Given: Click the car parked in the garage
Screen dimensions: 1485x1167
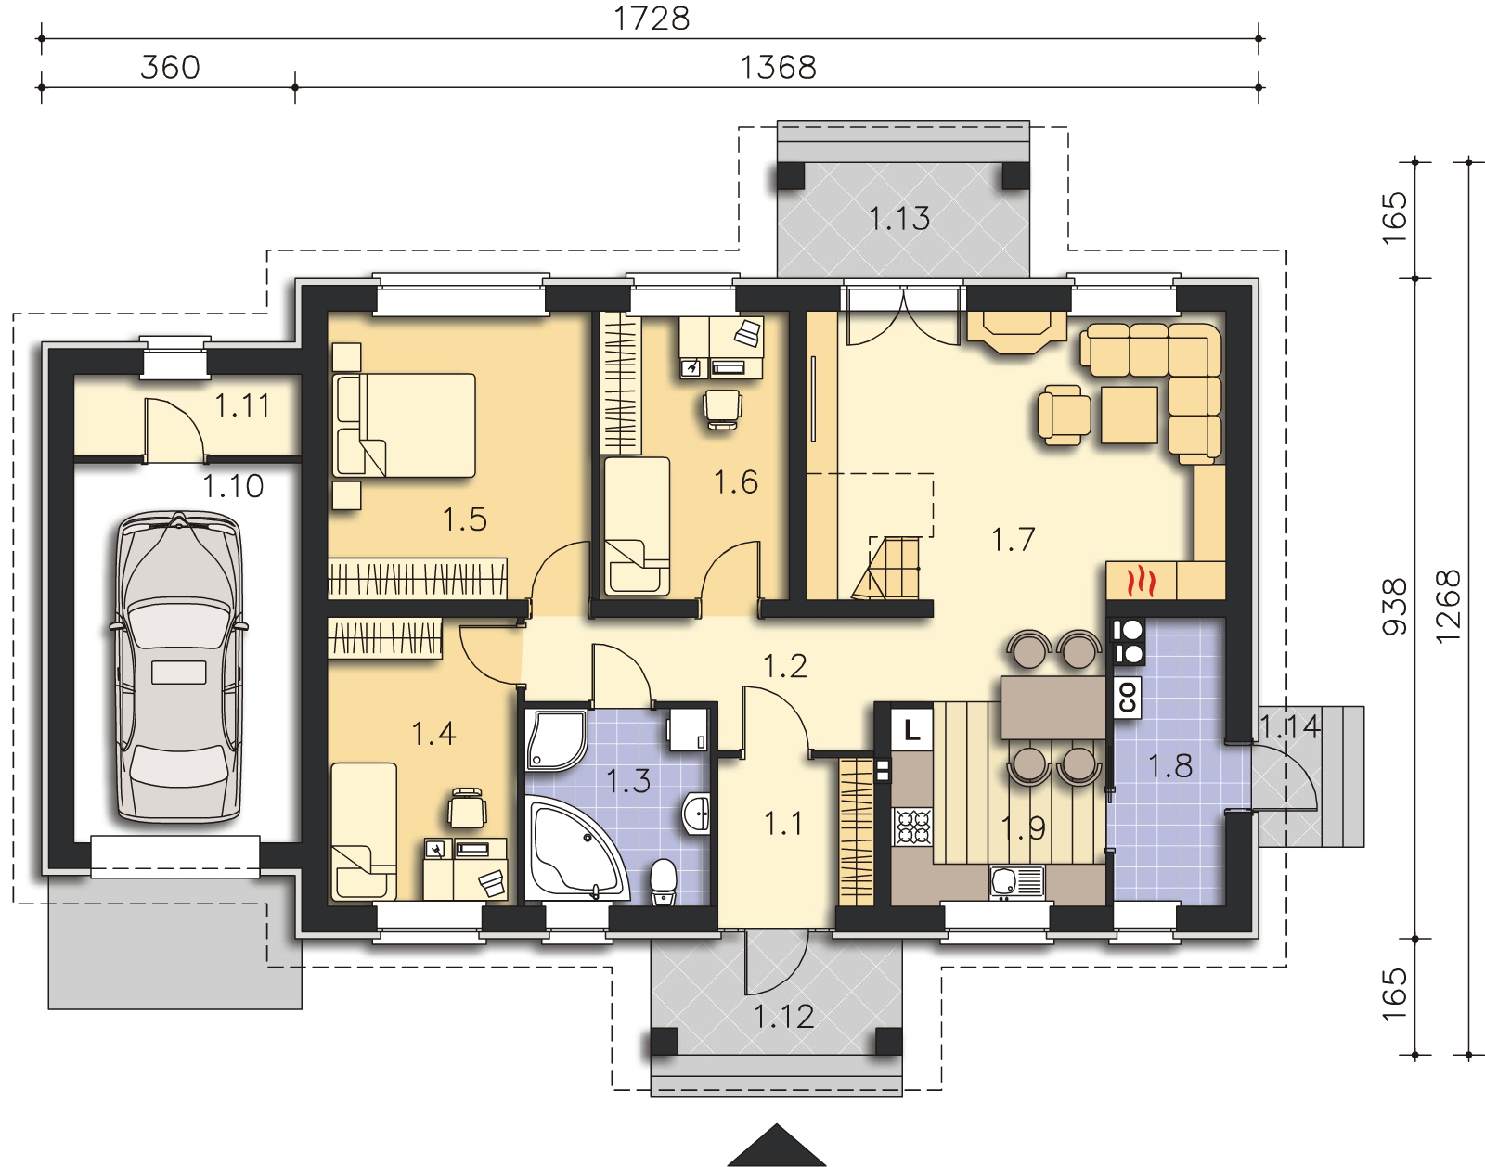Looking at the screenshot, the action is [x=179, y=666].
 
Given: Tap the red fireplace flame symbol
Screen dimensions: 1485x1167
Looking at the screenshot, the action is [x=1142, y=582].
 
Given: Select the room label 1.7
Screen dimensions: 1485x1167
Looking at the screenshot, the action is [x=1013, y=539].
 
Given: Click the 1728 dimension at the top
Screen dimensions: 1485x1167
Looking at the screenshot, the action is [x=652, y=19].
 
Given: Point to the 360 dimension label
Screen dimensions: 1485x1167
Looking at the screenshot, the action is [x=170, y=68].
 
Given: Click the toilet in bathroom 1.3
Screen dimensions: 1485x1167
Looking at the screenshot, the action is [x=664, y=880].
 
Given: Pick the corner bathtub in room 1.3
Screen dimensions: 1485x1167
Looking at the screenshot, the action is [x=576, y=849].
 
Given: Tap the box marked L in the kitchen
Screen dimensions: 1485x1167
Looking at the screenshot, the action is [x=911, y=729].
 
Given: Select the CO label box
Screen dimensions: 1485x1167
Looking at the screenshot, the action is [x=1127, y=698].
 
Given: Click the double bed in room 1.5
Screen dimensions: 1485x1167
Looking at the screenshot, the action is [x=405, y=426].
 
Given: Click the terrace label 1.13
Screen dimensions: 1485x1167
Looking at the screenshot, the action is [x=899, y=219].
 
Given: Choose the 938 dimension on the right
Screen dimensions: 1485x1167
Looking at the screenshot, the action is [x=1394, y=607].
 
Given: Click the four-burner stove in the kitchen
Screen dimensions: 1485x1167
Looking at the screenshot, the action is [x=912, y=827].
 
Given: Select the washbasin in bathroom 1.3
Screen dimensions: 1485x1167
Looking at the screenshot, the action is [x=696, y=814].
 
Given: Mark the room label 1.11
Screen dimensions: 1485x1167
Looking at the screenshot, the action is [x=242, y=405].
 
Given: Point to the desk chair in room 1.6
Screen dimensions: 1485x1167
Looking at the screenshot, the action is [x=722, y=410].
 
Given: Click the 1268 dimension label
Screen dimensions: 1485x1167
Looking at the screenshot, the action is [x=1448, y=607].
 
